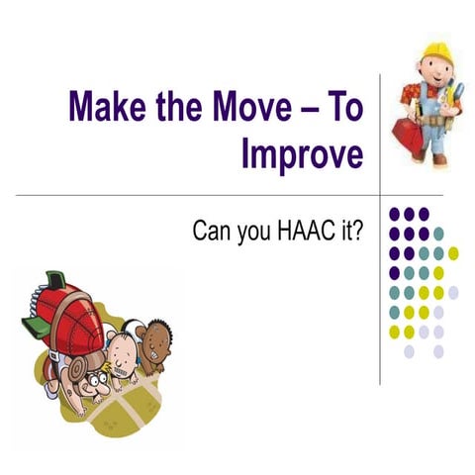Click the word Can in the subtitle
tap(212, 236)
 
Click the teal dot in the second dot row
tap(438, 234)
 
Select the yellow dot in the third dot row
tap(452, 252)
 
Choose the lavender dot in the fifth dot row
tap(453, 292)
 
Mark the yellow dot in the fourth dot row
tap(438, 272)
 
